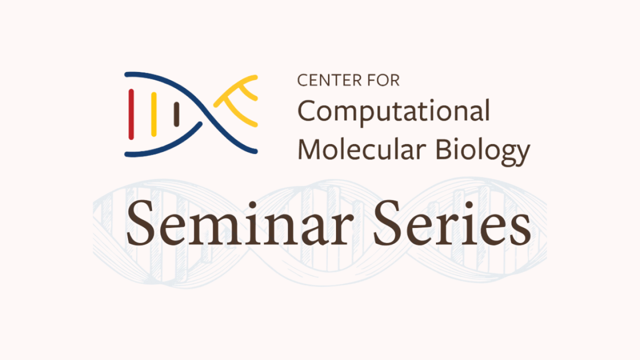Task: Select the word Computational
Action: click(394, 112)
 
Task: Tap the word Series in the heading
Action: click(452, 224)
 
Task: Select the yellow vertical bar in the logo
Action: click(154, 114)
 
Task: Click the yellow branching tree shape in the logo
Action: click(238, 100)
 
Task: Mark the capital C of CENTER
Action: click(302, 80)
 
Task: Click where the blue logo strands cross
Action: click(204, 114)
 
